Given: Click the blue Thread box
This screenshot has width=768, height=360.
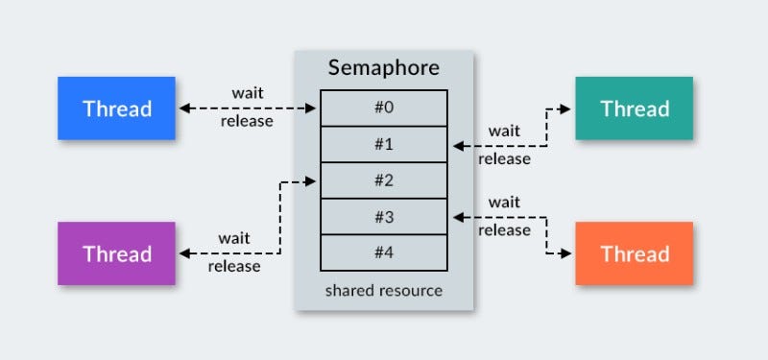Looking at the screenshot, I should point(116,108).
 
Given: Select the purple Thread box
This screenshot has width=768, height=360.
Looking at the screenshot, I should point(116,253).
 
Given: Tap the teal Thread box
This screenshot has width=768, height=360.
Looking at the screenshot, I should point(634,108).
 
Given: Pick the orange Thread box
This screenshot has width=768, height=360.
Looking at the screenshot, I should point(634,253).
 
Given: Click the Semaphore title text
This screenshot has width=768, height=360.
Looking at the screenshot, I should point(384,68).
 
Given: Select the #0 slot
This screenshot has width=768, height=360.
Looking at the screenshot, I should point(384,108).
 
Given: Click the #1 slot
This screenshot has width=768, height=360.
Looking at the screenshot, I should point(384,144).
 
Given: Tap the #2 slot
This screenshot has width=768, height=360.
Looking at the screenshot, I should point(384,180).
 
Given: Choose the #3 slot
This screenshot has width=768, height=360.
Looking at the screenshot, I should point(384,217).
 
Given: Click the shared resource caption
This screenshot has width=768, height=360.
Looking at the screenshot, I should point(384,290).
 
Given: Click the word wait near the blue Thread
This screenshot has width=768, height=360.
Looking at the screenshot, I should point(248,93).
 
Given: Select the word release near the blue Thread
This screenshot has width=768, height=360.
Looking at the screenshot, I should point(247,121).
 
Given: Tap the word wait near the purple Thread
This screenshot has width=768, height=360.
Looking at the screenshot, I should point(233,237).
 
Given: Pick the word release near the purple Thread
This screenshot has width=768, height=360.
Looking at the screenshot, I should point(233,266).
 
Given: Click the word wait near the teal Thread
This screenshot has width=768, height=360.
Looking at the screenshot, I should point(504,131).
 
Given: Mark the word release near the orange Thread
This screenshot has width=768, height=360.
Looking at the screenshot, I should point(504,230).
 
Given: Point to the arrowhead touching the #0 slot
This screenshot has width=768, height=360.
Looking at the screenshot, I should point(313,108).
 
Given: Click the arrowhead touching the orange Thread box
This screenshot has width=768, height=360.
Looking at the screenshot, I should point(570,253).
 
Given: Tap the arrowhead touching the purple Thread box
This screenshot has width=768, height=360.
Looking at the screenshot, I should point(183,253).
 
